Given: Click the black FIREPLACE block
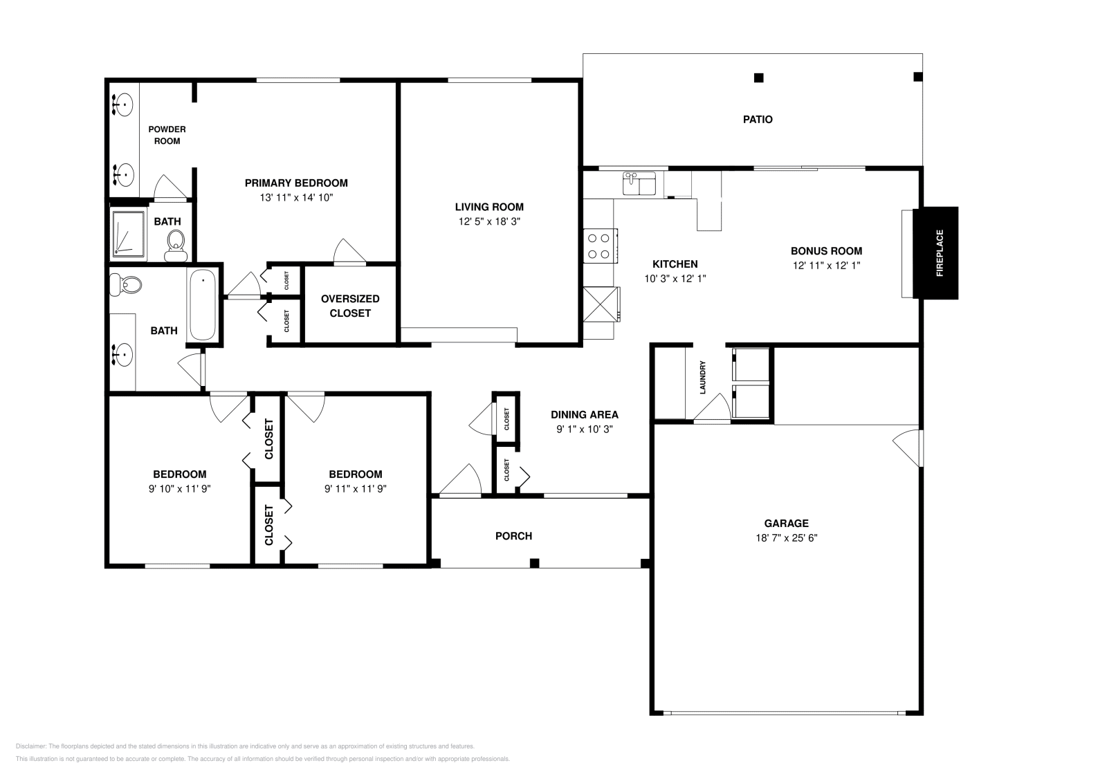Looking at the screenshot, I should point(936,253).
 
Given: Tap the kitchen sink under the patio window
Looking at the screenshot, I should point(641,184).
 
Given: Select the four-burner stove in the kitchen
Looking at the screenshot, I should point(600,246).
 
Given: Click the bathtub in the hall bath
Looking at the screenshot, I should point(203,305).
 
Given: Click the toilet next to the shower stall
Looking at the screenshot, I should point(176,245).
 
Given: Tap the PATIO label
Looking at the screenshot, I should point(758,120).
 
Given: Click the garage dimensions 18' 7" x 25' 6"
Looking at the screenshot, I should point(786,538).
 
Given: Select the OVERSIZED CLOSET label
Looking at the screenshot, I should point(350,306).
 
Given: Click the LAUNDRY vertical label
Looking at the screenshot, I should point(703,378).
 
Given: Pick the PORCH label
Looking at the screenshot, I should point(513,536).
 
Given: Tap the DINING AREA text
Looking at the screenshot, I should point(584,415).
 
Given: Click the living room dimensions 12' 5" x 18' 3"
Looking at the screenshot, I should point(488,222).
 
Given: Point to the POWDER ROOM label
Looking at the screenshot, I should point(167,135).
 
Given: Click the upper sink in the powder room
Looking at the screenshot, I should point(123,106).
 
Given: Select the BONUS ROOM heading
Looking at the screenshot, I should point(826,251).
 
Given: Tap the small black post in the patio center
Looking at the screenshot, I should point(758,77).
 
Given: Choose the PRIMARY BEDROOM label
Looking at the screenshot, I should point(296,183).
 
